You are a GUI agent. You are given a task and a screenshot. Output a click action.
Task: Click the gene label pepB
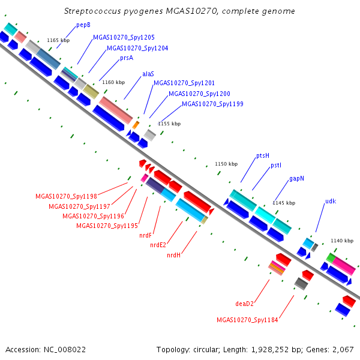pyautogui.click(x=83, y=25)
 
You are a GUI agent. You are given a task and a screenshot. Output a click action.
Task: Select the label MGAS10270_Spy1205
pyautogui.click(x=124, y=37)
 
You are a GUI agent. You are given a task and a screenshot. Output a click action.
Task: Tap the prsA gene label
pyautogui.click(x=127, y=58)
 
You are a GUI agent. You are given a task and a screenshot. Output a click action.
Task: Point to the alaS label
pyautogui.click(x=148, y=74)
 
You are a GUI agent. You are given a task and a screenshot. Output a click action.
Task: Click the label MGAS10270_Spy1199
pyautogui.click(x=212, y=104)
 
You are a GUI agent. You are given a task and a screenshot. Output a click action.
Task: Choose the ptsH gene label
pyautogui.click(x=263, y=156)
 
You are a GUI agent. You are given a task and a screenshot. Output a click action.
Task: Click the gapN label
pyautogui.click(x=296, y=179)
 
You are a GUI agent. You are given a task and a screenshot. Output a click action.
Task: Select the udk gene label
pyautogui.click(x=331, y=202)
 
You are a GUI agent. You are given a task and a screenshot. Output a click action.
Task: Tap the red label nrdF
pyautogui.click(x=146, y=236)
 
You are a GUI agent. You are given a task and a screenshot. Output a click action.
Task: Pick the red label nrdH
pyautogui.click(x=174, y=256)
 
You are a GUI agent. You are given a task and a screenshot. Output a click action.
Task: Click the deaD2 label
pyautogui.click(x=245, y=304)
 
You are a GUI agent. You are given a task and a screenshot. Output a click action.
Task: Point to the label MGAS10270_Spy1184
pyautogui.click(x=247, y=320)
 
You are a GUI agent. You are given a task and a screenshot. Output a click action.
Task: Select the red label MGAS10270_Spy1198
pyautogui.click(x=67, y=197)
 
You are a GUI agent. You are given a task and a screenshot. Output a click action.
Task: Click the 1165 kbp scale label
pyautogui.click(x=58, y=40)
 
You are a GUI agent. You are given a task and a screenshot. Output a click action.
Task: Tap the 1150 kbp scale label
pyautogui.click(x=226, y=164)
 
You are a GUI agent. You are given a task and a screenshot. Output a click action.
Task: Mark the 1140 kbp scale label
pyautogui.click(x=342, y=241)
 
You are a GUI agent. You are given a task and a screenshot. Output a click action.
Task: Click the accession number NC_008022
pyautogui.click(x=65, y=350)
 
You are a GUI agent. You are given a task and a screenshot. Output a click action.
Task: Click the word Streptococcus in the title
pyautogui.click(x=92, y=11)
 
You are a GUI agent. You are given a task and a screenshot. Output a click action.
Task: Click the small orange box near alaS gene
pyautogui.click(x=136, y=125)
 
